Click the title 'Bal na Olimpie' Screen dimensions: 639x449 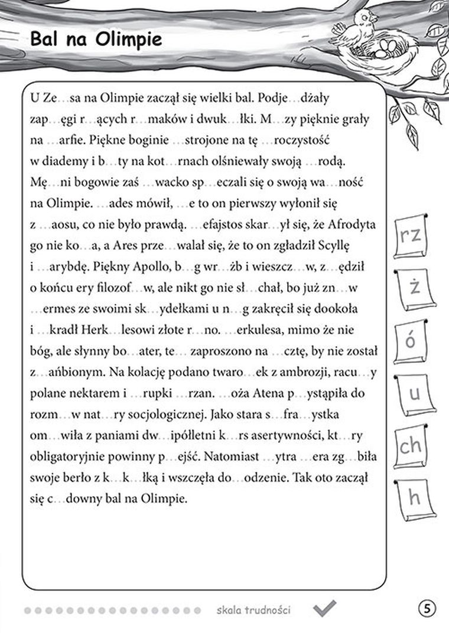pos(96,41)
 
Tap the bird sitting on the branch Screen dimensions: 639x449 pos(361,27)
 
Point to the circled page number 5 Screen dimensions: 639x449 pos(426,608)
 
